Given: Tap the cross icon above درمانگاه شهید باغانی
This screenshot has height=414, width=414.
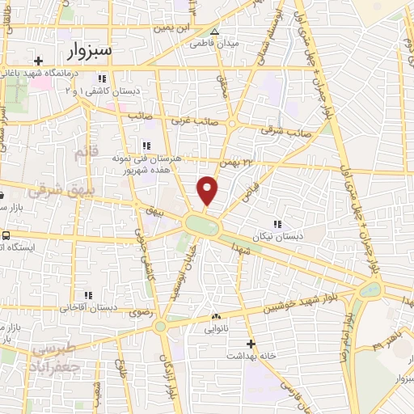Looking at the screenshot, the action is [x=38, y=61].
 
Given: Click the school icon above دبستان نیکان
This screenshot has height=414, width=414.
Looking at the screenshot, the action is [x=277, y=224].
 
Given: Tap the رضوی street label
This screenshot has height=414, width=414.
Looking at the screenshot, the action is [x=130, y=312].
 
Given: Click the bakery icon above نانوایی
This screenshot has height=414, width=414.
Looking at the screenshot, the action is [x=215, y=316].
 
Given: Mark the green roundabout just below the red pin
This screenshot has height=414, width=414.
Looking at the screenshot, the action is [x=201, y=224].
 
